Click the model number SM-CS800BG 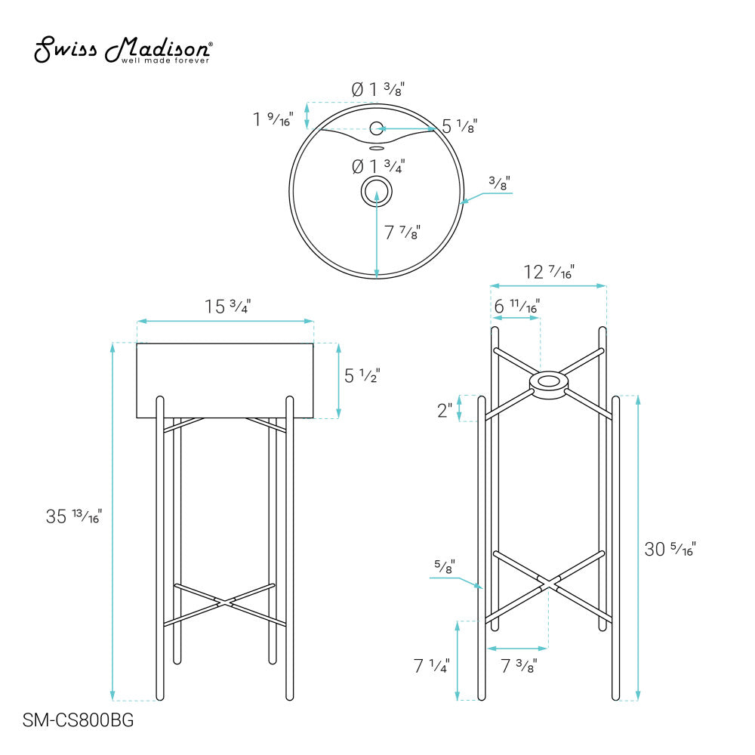click(79, 721)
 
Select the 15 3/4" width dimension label click(227, 307)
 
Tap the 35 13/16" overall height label click(74, 517)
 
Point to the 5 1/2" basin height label click(362, 375)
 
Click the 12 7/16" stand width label click(549, 272)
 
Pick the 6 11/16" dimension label click(516, 307)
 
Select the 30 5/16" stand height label click(669, 549)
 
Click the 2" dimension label click(444, 411)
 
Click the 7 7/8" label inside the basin click(402, 233)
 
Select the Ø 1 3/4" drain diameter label click(378, 165)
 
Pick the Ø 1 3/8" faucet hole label click(377, 89)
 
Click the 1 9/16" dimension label click(273, 119)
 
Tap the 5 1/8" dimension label click(459, 127)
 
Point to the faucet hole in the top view click(377, 128)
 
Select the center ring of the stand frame click(548, 383)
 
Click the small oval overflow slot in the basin click(377, 149)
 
